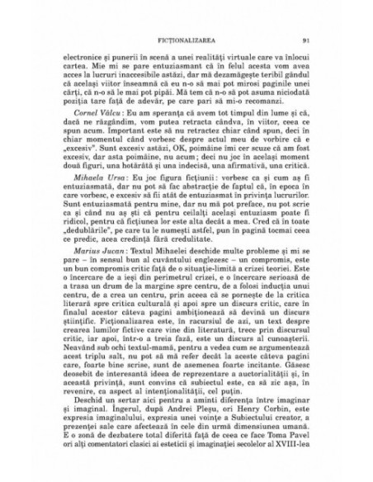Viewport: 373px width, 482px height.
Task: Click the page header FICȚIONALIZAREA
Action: [186, 38]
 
